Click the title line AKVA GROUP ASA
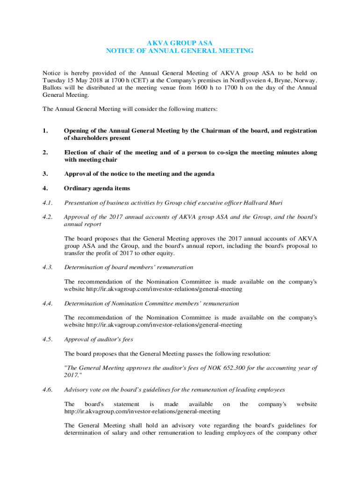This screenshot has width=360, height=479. point(180,43)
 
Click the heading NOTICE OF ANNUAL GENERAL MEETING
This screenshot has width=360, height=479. point(180,51)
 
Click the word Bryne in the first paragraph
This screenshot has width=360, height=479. point(288,80)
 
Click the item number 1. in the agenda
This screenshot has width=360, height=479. point(46,131)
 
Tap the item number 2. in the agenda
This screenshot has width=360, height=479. point(46,152)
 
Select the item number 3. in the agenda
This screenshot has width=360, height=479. point(46,174)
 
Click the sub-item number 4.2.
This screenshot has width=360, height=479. point(48,217)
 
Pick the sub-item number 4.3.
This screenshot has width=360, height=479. point(48,267)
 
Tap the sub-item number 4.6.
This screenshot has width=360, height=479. point(48,390)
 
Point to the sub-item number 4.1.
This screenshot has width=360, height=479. point(48,203)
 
